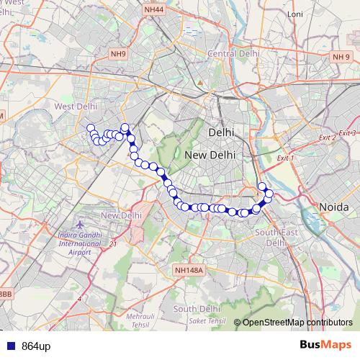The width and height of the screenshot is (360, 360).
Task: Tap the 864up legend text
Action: click(x=36, y=346)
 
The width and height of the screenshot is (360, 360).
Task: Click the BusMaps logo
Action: click(x=325, y=345)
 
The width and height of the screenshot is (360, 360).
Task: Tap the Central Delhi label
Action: click(x=233, y=54)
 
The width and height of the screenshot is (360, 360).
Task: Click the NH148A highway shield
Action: click(x=189, y=270)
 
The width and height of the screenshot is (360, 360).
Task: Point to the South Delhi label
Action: click(x=196, y=309)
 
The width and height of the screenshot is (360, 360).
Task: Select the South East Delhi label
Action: click(x=272, y=237)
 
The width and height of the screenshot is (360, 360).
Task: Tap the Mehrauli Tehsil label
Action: click(x=140, y=319)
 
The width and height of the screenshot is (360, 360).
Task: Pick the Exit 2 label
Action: click(x=327, y=138)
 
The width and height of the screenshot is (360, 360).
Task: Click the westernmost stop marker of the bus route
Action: click(x=91, y=128)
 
